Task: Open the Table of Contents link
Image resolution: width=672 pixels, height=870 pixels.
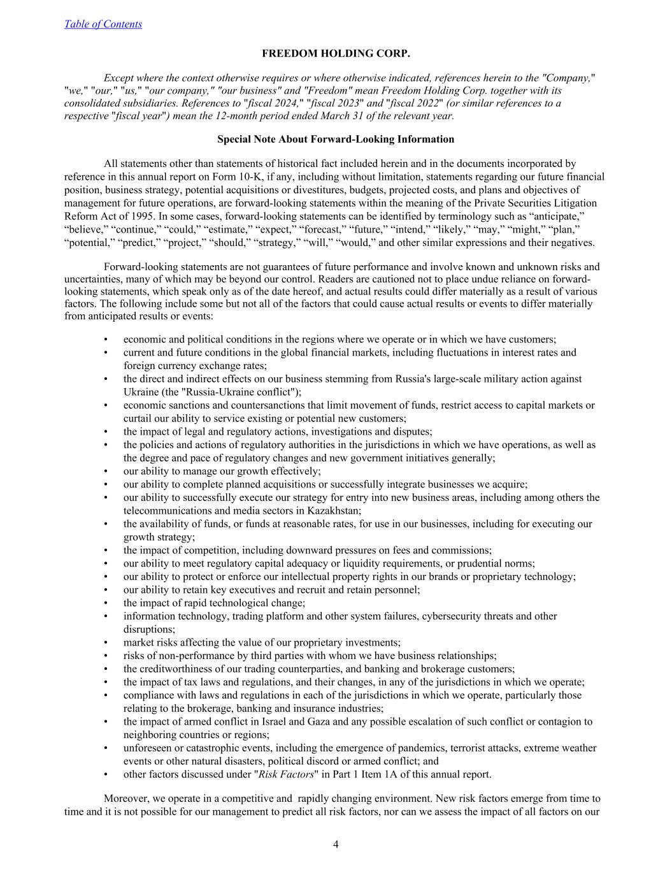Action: [x=103, y=24]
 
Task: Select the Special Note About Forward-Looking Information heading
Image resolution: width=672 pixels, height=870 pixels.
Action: [x=336, y=139]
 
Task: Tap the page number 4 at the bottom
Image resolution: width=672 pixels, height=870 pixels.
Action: [x=336, y=845]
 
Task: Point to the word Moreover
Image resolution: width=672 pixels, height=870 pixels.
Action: [x=126, y=798]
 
